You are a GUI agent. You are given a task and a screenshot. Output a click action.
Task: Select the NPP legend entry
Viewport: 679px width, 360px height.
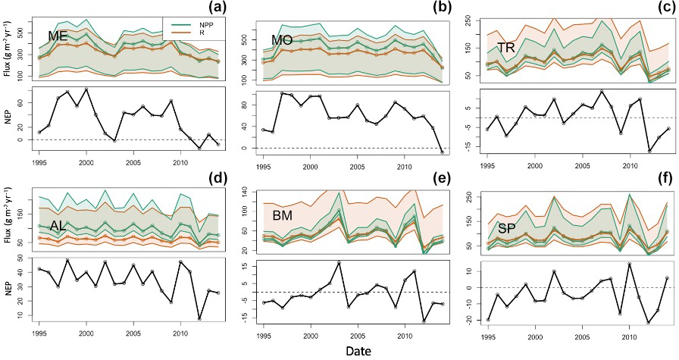click(206, 23)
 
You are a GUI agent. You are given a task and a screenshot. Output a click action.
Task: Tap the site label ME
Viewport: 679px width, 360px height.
click(59, 36)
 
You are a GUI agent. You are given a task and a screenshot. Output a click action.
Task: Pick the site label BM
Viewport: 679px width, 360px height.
click(283, 216)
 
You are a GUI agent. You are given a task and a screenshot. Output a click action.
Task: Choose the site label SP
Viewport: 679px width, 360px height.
click(498, 228)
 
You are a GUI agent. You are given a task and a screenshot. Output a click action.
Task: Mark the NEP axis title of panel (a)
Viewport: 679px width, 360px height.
click(8, 119)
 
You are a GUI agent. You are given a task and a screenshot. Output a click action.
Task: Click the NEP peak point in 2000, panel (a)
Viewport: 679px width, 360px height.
click(86, 89)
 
